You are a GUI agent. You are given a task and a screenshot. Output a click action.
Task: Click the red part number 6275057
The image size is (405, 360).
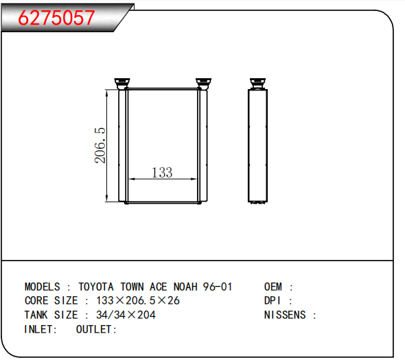click(x=56, y=18)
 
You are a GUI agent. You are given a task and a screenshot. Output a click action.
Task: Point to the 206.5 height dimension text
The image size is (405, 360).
click(x=100, y=145)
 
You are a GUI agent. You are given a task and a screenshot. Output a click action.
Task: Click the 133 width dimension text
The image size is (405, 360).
click(x=162, y=172)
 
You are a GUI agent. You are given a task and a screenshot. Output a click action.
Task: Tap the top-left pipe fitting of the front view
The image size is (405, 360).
click(x=122, y=84)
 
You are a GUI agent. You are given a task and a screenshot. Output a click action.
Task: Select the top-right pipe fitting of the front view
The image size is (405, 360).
click(x=204, y=84)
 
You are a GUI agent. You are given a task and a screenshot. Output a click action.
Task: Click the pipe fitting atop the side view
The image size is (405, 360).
click(x=258, y=84)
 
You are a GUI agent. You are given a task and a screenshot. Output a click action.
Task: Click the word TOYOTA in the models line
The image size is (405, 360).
click(x=96, y=287)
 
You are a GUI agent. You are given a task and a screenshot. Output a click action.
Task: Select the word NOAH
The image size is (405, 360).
click(x=185, y=287)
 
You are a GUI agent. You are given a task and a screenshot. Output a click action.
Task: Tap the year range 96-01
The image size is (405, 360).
click(x=218, y=287)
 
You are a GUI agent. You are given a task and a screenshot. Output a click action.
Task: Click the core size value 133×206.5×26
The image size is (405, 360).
click(x=138, y=300)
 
